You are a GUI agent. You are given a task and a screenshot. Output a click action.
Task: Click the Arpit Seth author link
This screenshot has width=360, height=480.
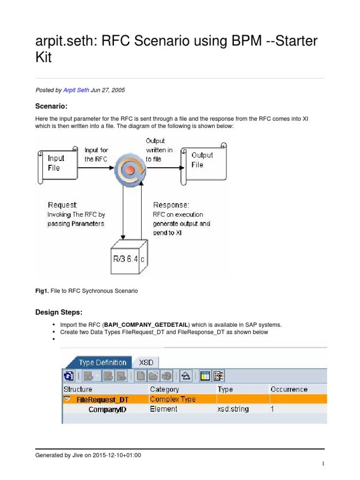[76, 90]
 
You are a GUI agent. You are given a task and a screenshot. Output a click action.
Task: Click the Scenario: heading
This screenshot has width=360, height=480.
[52, 106]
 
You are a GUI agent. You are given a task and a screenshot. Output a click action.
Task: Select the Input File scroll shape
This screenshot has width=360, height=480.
[56, 163]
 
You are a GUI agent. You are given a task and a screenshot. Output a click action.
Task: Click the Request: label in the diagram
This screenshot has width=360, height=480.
[62, 205]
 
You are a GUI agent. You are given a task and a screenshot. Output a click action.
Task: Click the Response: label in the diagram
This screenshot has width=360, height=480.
[171, 205]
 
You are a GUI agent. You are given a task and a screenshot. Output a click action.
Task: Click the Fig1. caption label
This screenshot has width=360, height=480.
[42, 291]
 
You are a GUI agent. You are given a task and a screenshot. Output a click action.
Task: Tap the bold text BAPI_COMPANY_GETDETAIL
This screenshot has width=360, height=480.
[146, 325]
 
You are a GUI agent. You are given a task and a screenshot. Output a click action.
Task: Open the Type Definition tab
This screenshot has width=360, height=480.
[102, 362]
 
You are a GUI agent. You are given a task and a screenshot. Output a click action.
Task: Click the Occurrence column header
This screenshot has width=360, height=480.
[289, 389]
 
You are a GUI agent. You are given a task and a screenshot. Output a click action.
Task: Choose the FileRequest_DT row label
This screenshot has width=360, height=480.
[102, 399]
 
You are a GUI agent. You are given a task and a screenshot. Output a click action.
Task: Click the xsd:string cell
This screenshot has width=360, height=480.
[233, 409]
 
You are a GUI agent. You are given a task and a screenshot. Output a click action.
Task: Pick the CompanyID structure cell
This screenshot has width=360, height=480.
[107, 409]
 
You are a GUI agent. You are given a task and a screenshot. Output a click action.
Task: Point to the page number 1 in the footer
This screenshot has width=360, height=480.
[323, 464]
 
